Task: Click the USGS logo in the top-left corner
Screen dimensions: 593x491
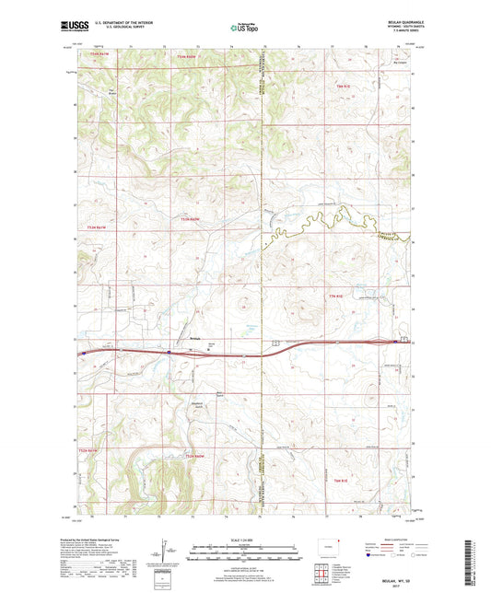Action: (71, 28)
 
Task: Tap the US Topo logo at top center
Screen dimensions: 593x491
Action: (244, 29)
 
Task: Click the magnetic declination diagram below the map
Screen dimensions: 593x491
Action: (169, 555)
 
